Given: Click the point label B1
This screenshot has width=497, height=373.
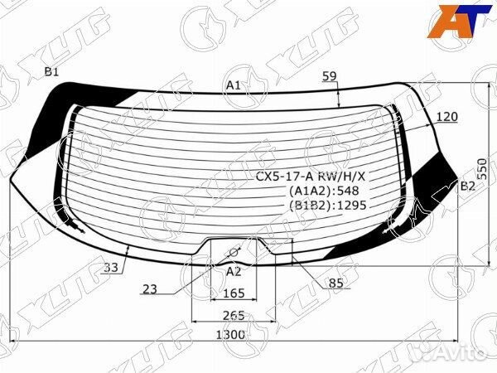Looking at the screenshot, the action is coord(51,72).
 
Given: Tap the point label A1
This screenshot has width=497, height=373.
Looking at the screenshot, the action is coord(234,85).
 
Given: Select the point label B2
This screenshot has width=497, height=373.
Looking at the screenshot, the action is coord(467,186).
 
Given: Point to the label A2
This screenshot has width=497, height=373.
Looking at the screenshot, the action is coord(234,272).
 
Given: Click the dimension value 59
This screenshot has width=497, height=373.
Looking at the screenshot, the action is coord(330,76).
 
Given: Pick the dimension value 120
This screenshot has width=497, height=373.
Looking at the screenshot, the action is coord(447,117).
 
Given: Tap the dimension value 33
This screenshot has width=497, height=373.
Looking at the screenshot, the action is coord(111,268).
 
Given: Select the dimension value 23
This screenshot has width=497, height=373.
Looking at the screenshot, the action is coord(150,289).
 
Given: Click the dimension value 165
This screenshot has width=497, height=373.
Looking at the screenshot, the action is coord(234,293).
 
